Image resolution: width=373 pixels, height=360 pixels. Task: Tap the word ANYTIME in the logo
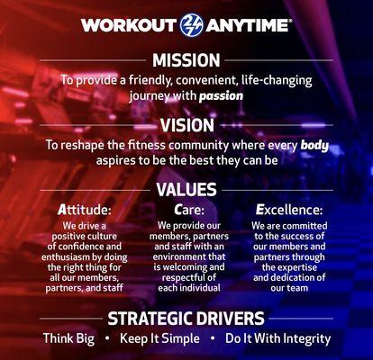pyautogui.click(x=245, y=25)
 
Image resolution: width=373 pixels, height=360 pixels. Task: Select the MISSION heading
pyautogui.click(x=186, y=60)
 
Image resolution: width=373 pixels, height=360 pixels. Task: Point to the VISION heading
pyautogui.click(x=186, y=126)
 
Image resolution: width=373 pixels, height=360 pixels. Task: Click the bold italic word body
pyautogui.click(x=314, y=144)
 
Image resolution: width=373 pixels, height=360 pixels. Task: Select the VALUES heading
pyautogui.click(x=186, y=190)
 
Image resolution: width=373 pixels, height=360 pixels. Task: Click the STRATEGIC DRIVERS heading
pyautogui.click(x=186, y=318)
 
